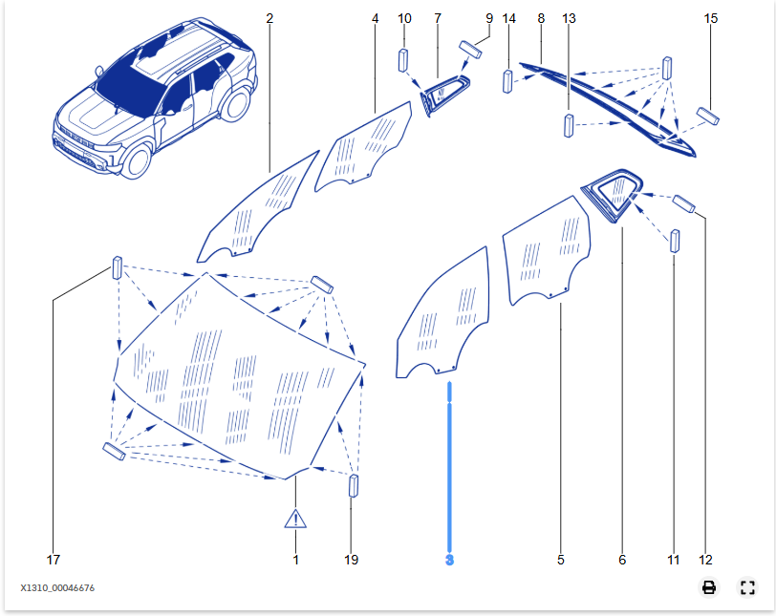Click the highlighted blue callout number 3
[449, 560]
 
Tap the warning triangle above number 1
[295, 520]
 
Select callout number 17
[54, 560]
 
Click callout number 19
[352, 560]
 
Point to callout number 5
[561, 560]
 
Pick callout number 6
[622, 560]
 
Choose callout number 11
[674, 560]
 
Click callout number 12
[706, 560]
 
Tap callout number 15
[710, 18]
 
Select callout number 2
[269, 18]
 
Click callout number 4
[375, 18]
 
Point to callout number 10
[404, 18]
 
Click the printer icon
[708, 587]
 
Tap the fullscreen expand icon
[747, 587]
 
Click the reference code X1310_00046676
[57, 587]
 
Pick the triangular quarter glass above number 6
[616, 191]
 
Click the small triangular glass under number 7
[445, 94]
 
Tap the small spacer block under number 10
[404, 60]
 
